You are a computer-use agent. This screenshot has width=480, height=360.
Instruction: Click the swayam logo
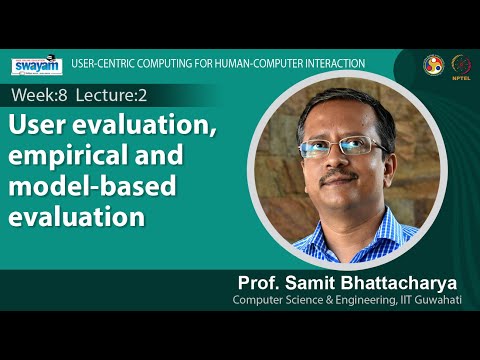(37, 66)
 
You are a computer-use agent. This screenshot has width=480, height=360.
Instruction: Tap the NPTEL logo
(462, 65)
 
